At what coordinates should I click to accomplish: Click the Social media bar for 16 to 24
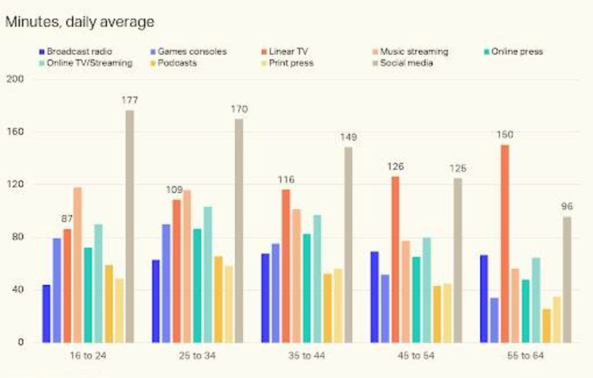point(130,226)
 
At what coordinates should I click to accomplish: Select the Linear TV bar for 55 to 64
point(505,244)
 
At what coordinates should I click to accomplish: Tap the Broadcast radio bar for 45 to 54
point(374,297)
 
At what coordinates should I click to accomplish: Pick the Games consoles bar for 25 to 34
point(166,283)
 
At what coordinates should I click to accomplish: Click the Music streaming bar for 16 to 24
point(77,265)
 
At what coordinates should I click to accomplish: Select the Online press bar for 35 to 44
point(306,288)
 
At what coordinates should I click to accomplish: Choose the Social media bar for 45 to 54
point(458,260)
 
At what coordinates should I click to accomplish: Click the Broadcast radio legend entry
point(75,51)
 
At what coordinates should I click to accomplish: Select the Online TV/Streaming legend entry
point(85,63)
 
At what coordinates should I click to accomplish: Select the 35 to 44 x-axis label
point(306,356)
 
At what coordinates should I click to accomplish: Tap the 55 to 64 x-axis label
point(525,356)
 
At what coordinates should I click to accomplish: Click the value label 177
point(130,100)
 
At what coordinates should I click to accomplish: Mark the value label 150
point(505,135)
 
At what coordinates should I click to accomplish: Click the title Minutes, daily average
point(80,22)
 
